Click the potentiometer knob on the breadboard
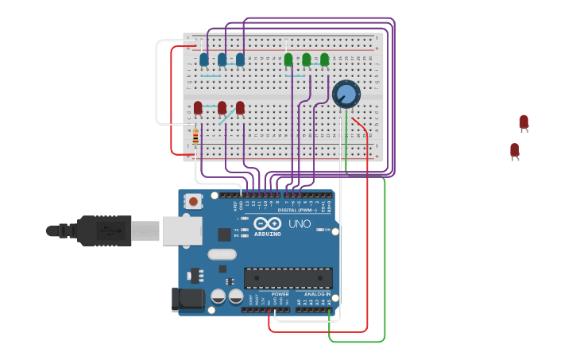346,95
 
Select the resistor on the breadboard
195,137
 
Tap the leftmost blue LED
204,60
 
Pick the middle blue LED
222,60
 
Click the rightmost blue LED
240,60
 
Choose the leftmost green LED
288,60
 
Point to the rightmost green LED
324,60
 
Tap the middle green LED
306,60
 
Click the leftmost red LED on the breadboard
198,107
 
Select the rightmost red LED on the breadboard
240,107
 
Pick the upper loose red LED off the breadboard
524,122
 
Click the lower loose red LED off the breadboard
515,149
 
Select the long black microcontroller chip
288,278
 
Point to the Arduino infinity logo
268,223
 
